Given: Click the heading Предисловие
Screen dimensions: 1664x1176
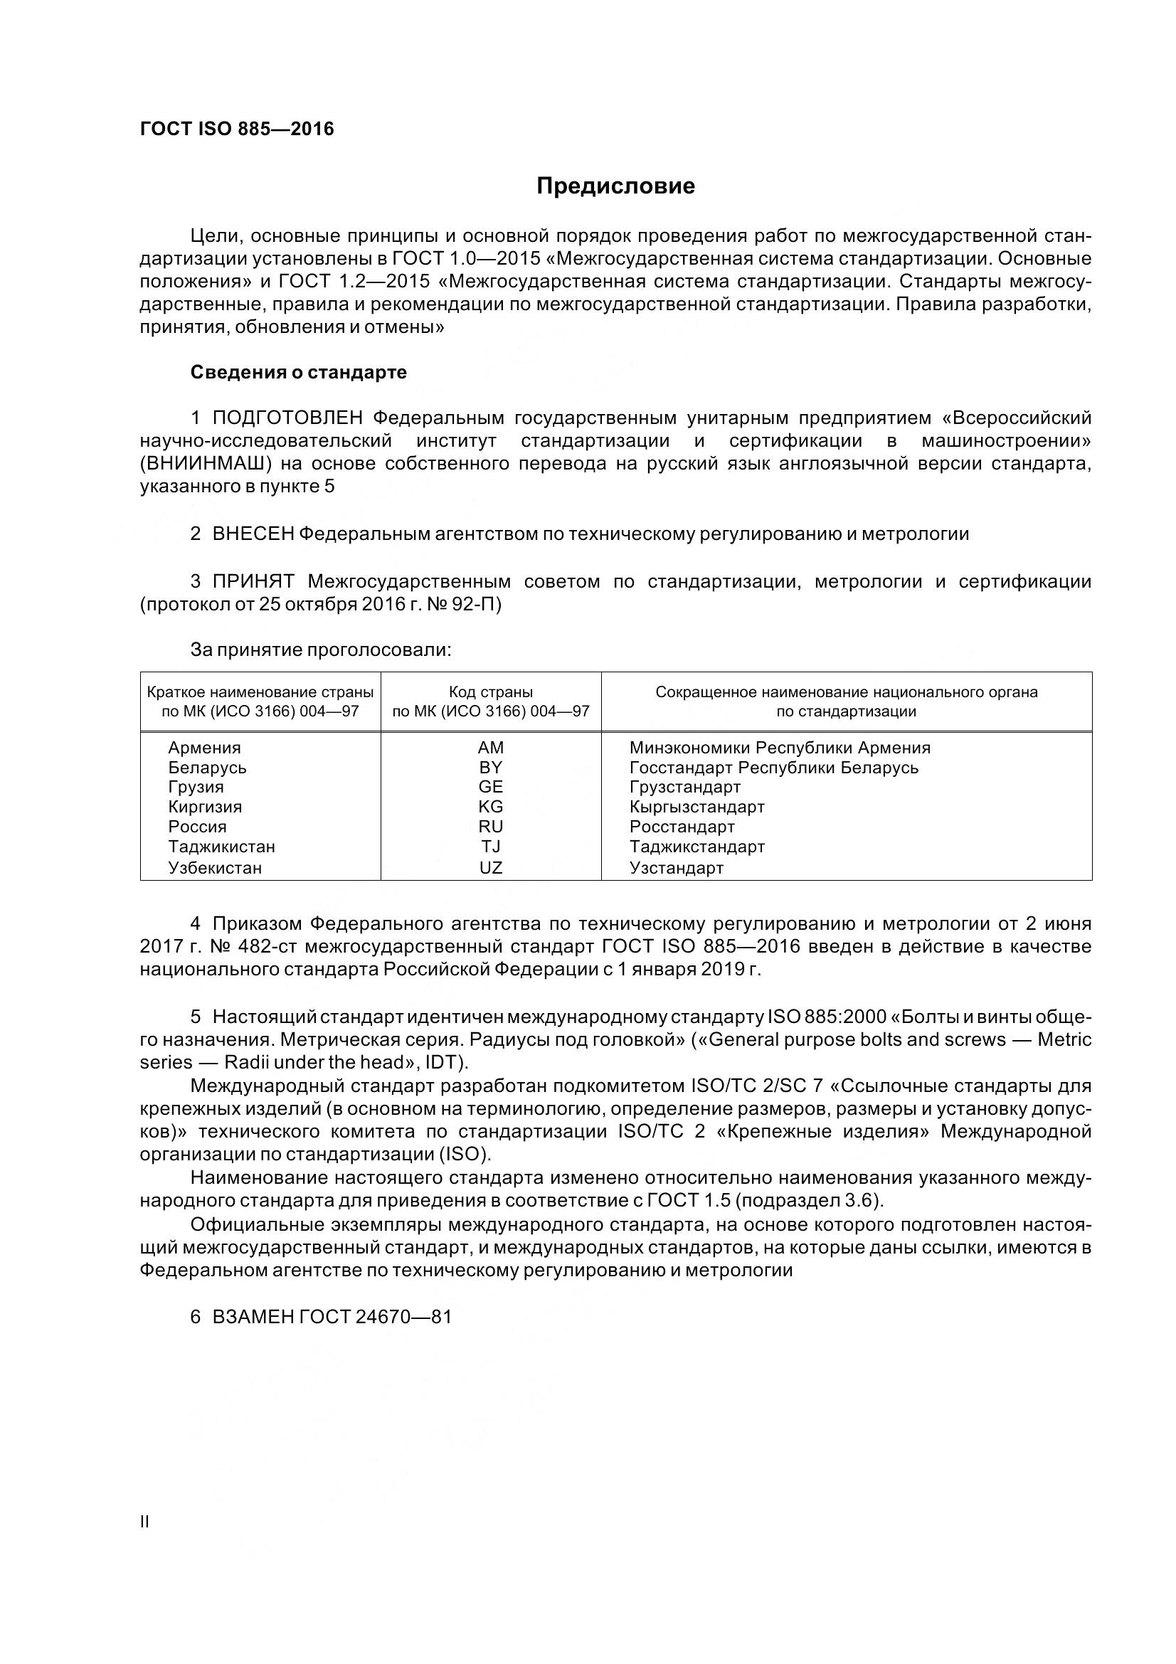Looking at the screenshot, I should click(615, 186).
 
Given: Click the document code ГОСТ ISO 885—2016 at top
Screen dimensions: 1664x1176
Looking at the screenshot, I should click(237, 129).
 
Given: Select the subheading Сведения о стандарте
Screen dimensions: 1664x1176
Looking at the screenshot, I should click(298, 373).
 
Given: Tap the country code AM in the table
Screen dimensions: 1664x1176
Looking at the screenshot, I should click(491, 747).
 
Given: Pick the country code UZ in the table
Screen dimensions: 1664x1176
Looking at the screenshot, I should click(491, 867).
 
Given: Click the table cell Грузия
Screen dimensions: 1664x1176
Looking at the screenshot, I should click(196, 787).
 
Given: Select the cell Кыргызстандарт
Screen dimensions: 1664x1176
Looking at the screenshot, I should click(696, 807).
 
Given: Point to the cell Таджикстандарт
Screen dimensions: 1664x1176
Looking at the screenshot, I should click(696, 847).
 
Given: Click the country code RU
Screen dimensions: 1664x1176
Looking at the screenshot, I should click(491, 827).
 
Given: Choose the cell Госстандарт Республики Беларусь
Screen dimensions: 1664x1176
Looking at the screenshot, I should click(773, 768).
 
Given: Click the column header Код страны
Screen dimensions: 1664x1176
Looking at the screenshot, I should click(491, 692).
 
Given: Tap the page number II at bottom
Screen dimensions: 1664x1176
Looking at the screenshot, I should click(144, 1522).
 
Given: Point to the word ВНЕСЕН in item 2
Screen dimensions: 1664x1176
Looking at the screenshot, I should click(253, 534).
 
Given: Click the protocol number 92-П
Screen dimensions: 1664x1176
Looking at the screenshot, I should click(475, 604).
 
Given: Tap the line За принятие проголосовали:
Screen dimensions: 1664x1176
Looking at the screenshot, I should click(320, 650).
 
